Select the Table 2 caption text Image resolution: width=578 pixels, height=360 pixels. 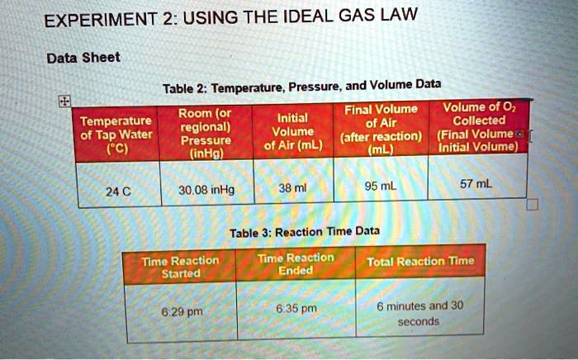(301, 85)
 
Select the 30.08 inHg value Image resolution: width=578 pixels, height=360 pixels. (206, 191)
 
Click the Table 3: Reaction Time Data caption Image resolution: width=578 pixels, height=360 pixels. (305, 232)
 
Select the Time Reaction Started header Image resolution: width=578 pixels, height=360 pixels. (180, 266)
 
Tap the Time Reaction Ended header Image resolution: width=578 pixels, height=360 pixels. (296, 263)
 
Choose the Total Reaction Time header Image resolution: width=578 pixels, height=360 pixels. (421, 262)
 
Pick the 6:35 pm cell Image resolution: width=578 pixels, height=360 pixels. (296, 310)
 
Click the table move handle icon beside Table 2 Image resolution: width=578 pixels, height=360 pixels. (63, 101)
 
